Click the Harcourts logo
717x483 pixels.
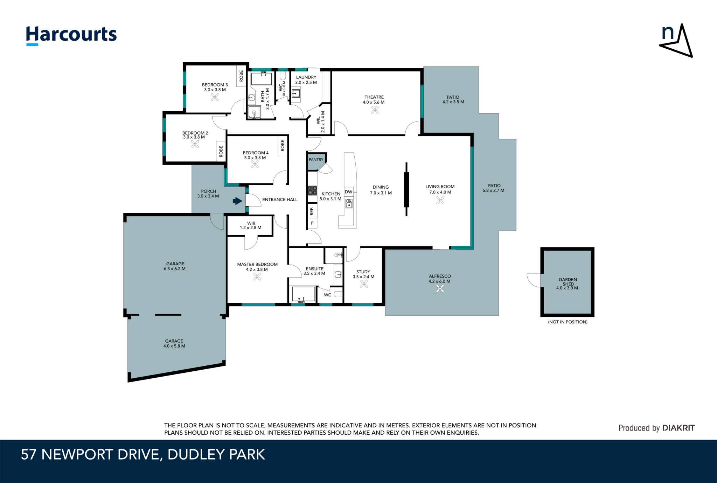tap(71, 35)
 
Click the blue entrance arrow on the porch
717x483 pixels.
tap(237, 201)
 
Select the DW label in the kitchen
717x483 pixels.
tap(348, 192)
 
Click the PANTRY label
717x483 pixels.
tap(316, 160)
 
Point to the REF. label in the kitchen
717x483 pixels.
tap(312, 211)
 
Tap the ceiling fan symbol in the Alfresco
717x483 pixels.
tap(440, 288)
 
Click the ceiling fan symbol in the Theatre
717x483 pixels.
tap(375, 110)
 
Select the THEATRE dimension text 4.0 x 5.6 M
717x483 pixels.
tap(374, 102)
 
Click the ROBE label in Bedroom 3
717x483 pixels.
tap(241, 76)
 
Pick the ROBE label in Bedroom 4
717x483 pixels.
tap(283, 146)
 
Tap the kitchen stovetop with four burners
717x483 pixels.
tap(312, 191)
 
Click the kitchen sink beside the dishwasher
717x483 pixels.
tap(349, 204)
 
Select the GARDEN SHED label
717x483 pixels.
tap(568, 282)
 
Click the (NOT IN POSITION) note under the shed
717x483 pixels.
tap(568, 322)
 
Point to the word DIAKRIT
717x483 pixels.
tap(678, 428)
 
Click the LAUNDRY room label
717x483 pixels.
tap(306, 77)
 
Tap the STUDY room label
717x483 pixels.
tap(363, 272)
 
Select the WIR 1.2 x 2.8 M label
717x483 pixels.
tap(251, 225)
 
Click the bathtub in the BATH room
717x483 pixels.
tap(261, 79)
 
